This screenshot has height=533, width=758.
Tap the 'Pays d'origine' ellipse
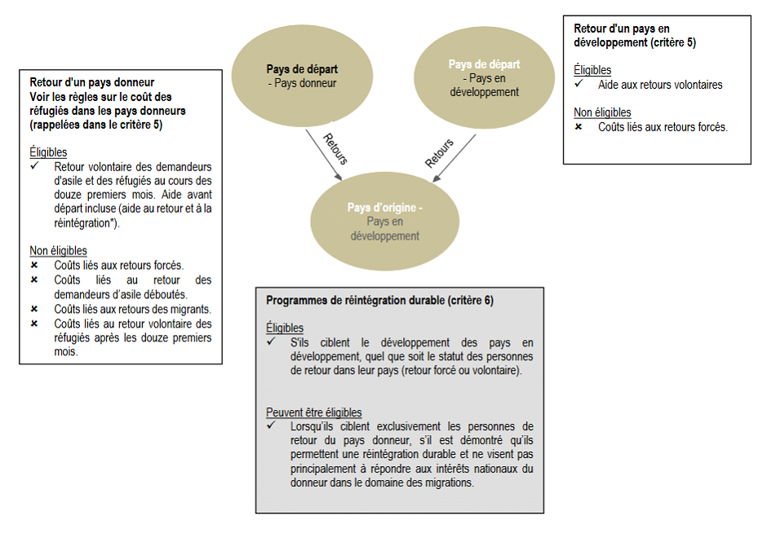pyautogui.click(x=384, y=221)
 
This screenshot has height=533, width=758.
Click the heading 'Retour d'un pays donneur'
pyautogui.click(x=92, y=82)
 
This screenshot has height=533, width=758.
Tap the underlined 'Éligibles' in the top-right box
pyautogui.click(x=592, y=70)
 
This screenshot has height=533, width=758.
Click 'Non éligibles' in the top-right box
pyautogui.click(x=602, y=112)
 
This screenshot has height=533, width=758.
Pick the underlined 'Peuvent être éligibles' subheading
pyautogui.click(x=314, y=412)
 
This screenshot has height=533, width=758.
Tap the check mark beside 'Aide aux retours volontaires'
pyautogui.click(x=578, y=85)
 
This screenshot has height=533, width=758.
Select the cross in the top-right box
pyautogui.click(x=578, y=127)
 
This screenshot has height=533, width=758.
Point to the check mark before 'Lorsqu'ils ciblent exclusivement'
pyautogui.click(x=271, y=426)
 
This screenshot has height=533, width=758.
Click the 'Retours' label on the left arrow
pyautogui.click(x=335, y=148)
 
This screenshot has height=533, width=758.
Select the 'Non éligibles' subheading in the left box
pyautogui.click(x=59, y=251)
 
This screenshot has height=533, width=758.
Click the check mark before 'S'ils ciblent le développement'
pyautogui.click(x=271, y=341)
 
